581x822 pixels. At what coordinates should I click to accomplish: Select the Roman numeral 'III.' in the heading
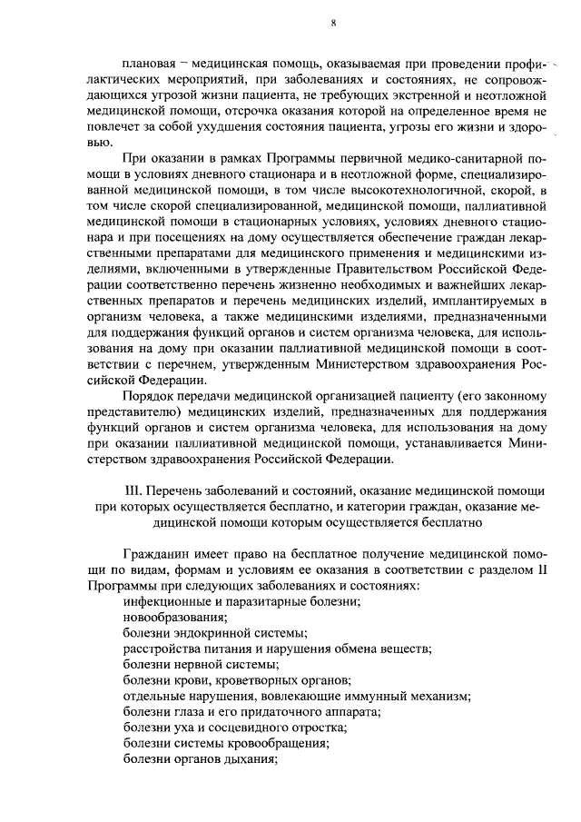click(x=132, y=490)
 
